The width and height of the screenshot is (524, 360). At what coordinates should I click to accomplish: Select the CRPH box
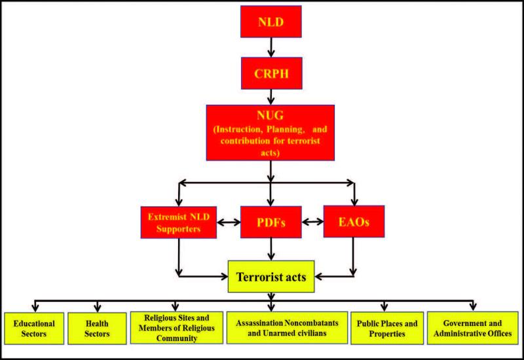[271, 76]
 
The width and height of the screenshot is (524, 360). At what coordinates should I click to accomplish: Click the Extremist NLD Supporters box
[178, 222]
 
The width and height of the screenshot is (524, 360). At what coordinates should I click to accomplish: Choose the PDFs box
[271, 222]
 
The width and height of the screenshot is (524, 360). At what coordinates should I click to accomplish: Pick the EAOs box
[354, 222]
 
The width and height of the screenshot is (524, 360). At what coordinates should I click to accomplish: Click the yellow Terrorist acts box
[271, 277]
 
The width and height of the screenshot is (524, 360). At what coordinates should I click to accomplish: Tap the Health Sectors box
[96, 328]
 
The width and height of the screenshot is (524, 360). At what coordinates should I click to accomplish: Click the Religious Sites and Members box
[175, 328]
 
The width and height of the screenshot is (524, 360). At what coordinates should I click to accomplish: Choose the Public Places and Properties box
[386, 328]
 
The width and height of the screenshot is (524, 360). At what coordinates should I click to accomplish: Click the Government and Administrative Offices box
[473, 328]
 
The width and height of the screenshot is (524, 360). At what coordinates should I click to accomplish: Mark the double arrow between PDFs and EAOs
[313, 222]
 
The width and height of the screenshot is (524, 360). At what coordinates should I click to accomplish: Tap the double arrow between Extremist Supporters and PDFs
[227, 222]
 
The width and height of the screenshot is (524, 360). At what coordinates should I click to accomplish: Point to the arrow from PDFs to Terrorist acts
[271, 249]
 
